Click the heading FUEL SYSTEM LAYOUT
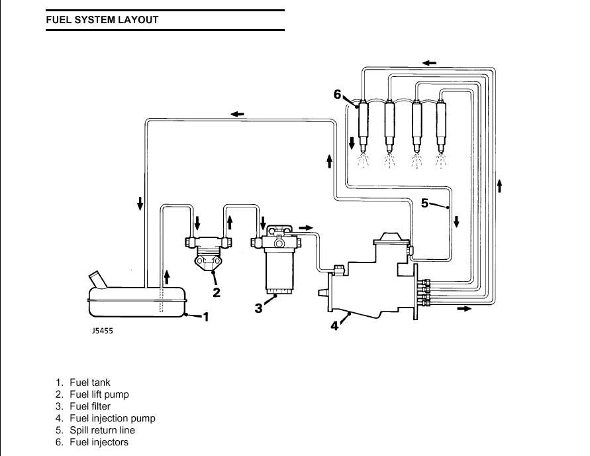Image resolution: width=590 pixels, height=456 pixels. coord(102,20)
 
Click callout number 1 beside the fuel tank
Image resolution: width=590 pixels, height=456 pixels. coord(206,317)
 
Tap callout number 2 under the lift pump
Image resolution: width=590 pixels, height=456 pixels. coord(217,292)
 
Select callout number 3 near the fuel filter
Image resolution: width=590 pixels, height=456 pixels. coord(258,308)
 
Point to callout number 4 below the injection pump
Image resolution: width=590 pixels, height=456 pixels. coord(334,325)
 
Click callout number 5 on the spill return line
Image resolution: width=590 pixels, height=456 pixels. coord(424,203)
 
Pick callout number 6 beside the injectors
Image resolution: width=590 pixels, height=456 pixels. coord(338,94)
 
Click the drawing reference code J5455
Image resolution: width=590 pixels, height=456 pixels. coord(102,331)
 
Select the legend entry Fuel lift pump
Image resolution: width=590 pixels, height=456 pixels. coord(99,394)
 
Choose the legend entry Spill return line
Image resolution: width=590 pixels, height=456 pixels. coord(103,430)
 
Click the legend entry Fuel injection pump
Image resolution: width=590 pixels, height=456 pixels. coord(113,418)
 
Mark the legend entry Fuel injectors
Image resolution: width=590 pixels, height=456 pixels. coord(99,442)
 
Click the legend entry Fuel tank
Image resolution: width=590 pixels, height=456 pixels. coord(90,382)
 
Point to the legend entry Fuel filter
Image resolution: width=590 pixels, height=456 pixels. coord(90,406)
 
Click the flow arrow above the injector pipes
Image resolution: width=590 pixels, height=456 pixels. coord(429,62)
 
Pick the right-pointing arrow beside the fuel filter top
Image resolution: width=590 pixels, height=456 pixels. coord(305,227)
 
